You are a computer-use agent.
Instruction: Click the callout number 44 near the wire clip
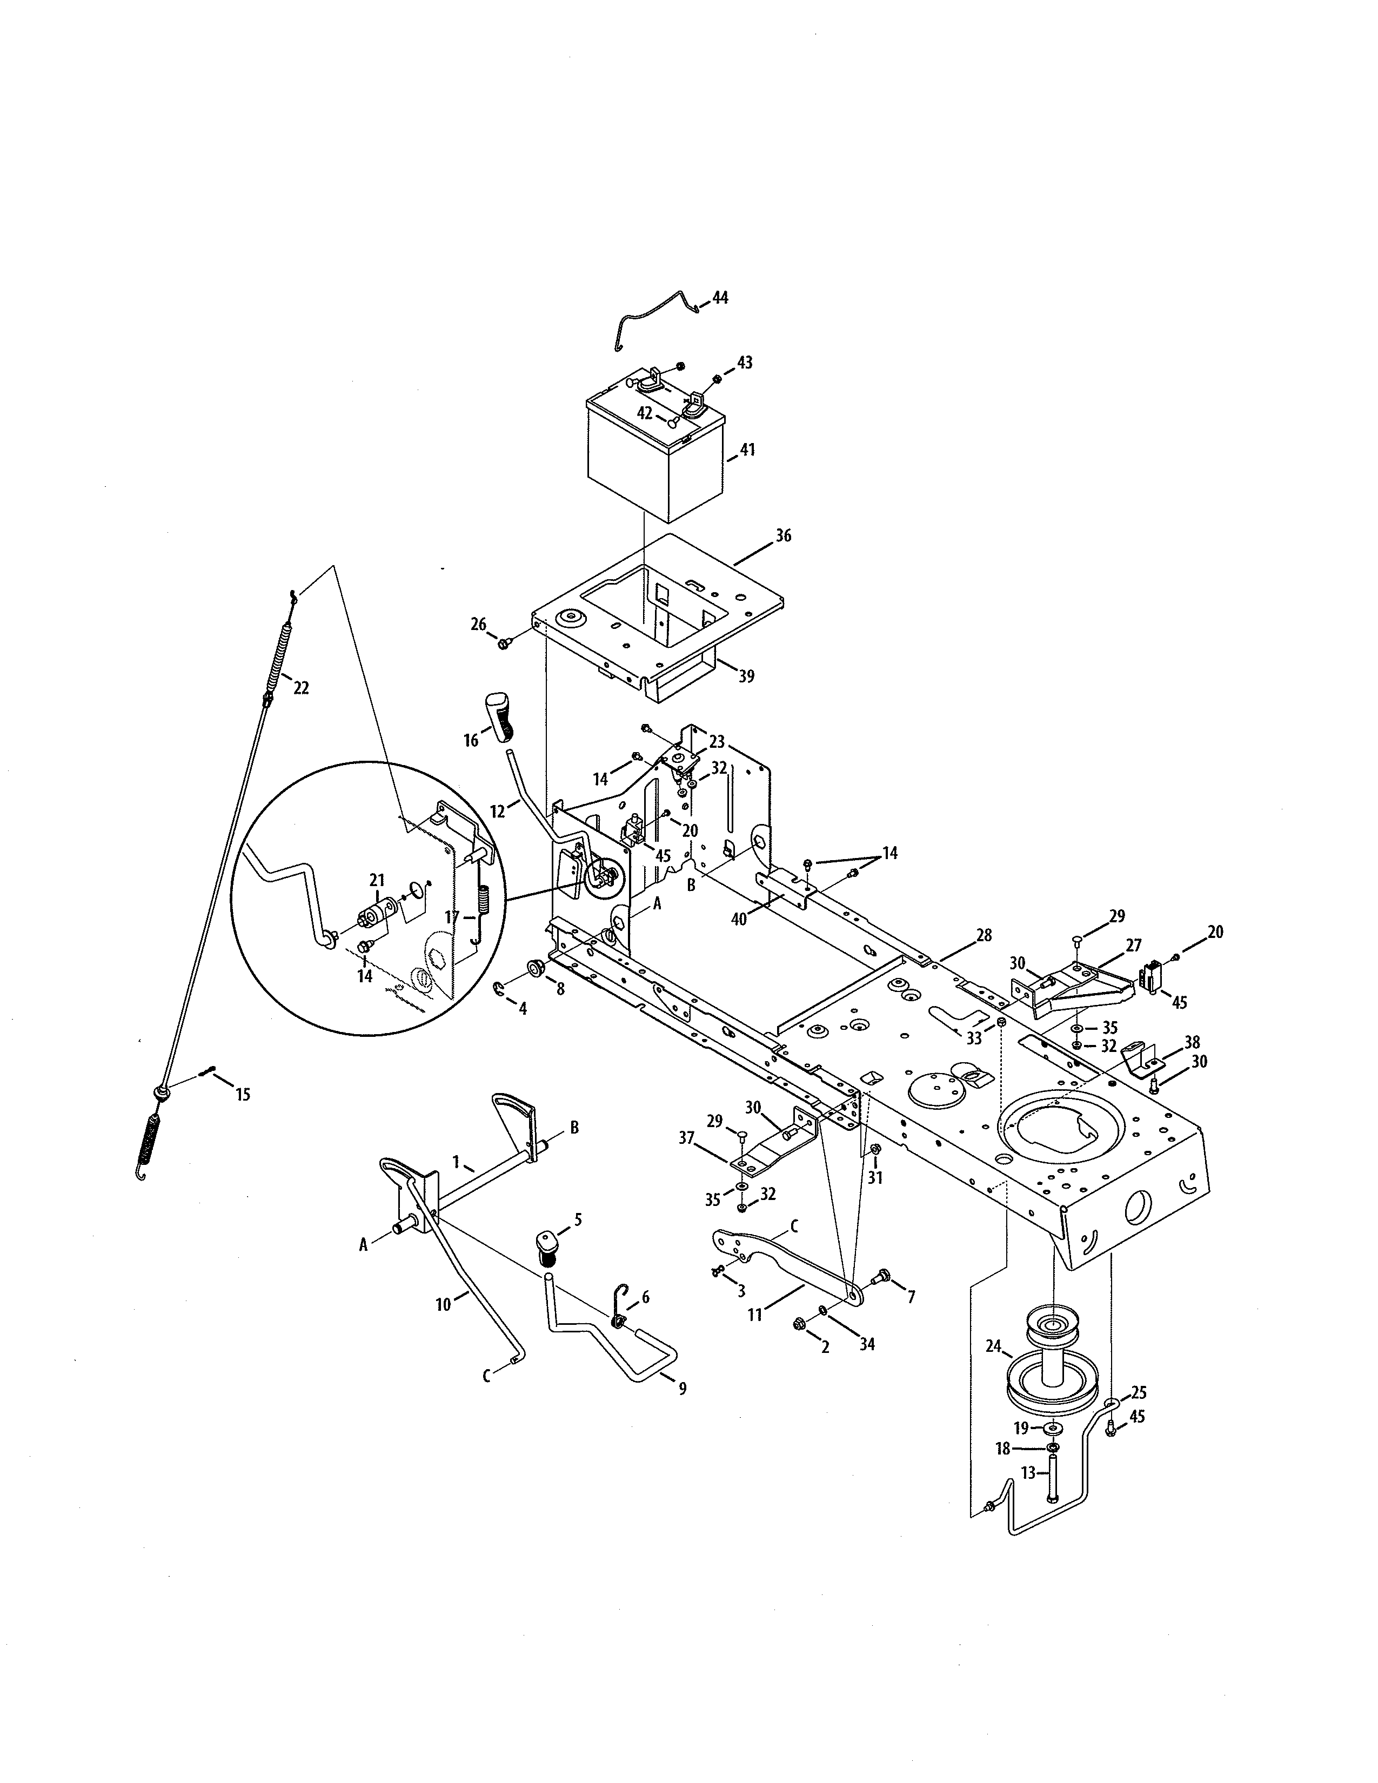pos(720,298)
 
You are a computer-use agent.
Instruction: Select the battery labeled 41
pos(653,461)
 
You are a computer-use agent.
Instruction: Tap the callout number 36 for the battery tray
pos(783,537)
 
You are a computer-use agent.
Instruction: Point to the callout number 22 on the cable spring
pos(301,688)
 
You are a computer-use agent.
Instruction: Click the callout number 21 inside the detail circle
pos(376,880)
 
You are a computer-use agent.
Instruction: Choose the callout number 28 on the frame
pos(984,934)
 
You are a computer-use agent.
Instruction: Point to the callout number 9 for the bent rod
pos(683,1388)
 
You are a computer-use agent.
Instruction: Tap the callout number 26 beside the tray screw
pos(478,625)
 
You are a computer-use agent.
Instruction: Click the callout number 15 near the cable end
pos(243,1095)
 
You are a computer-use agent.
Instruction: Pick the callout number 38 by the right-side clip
pos(1193,1043)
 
